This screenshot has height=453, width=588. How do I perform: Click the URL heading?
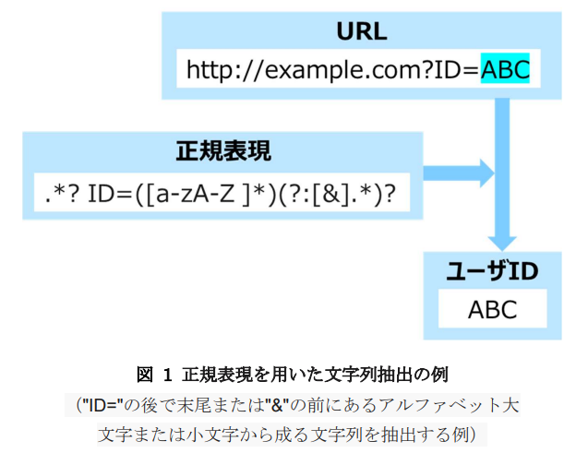point(362,31)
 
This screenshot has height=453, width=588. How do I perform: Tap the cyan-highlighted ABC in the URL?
point(505,68)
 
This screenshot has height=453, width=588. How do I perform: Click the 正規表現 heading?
point(223,151)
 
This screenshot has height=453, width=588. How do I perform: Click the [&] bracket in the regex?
point(331,194)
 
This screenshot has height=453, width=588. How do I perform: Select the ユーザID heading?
point(492,271)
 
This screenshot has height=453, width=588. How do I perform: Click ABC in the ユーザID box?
point(492,309)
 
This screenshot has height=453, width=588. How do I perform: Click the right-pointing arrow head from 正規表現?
point(487,173)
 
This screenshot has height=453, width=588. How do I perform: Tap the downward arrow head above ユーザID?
point(502,244)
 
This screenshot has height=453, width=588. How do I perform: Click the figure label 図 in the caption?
point(145,375)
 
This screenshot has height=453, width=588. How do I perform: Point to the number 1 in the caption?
point(167,375)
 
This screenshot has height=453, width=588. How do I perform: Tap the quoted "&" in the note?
point(277,405)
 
